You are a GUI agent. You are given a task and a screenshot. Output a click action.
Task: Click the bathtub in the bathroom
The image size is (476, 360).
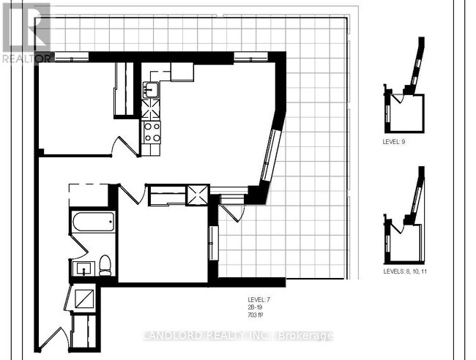(x=93, y=222)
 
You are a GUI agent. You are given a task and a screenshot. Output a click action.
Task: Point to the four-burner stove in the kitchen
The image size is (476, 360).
(x=152, y=132)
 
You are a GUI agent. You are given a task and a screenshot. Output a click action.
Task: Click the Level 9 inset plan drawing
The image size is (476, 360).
(x=407, y=95)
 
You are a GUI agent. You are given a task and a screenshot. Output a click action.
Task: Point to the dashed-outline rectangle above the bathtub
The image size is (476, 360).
(x=89, y=195)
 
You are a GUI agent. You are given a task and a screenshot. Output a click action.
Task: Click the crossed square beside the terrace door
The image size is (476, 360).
(x=197, y=195)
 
